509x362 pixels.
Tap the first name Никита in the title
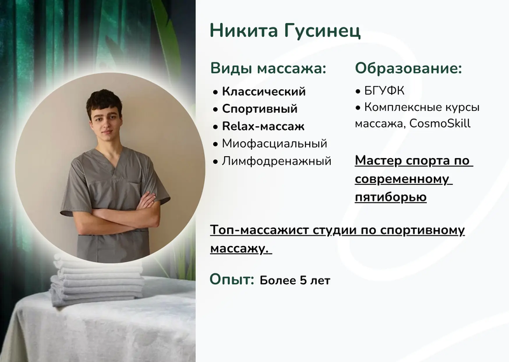tap(242, 31)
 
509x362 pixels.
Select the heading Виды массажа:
tap(268, 68)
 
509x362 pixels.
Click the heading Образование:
tap(408, 68)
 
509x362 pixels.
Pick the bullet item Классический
tap(263, 92)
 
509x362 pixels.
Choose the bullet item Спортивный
tap(260, 109)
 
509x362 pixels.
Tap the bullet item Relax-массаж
tap(263, 126)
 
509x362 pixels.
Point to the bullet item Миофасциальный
tap(274, 144)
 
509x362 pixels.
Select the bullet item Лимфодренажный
tap(276, 161)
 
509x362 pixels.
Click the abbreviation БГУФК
tap(384, 91)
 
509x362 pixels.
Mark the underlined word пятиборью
tap(391, 197)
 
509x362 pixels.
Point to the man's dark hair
tap(104, 102)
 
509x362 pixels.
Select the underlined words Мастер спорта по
tap(414, 161)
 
